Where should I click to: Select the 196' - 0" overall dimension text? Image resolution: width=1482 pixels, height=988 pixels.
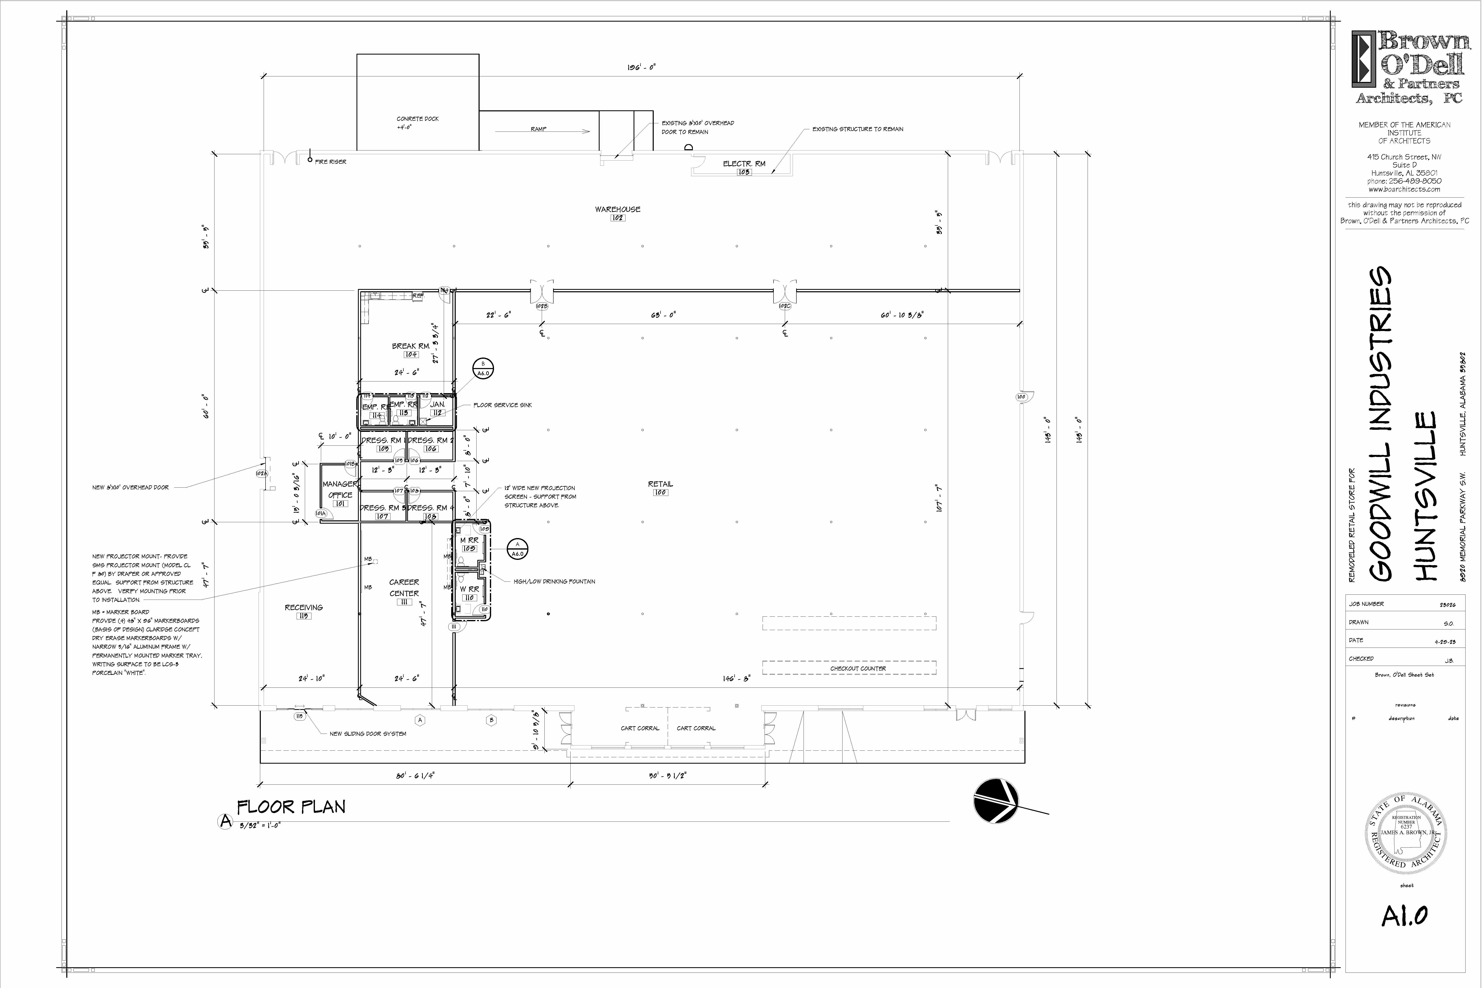[x=641, y=67]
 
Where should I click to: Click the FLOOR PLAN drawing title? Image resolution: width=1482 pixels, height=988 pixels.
[x=291, y=807]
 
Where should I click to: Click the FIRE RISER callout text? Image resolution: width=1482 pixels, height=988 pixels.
[x=330, y=162]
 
